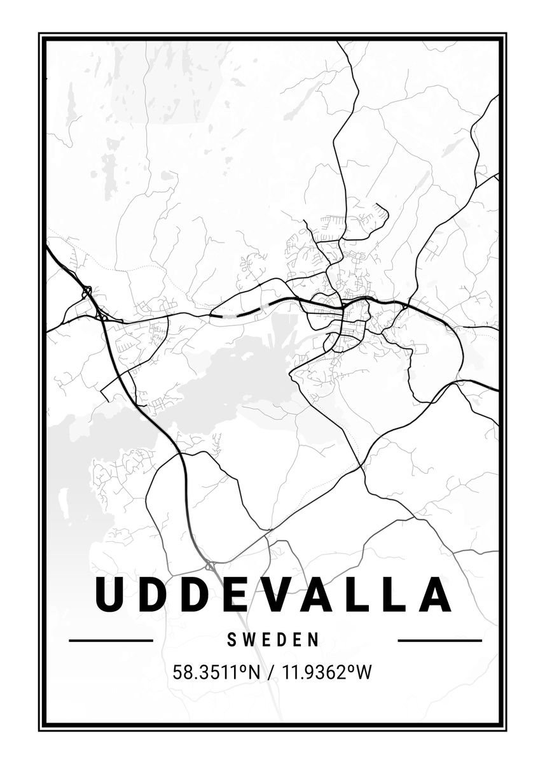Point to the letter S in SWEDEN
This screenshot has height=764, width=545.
tap(231, 640)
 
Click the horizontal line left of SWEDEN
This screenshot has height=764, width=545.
tap(111, 640)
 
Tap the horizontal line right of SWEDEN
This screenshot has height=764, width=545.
tap(439, 640)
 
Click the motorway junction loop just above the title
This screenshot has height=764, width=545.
tap(209, 565)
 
